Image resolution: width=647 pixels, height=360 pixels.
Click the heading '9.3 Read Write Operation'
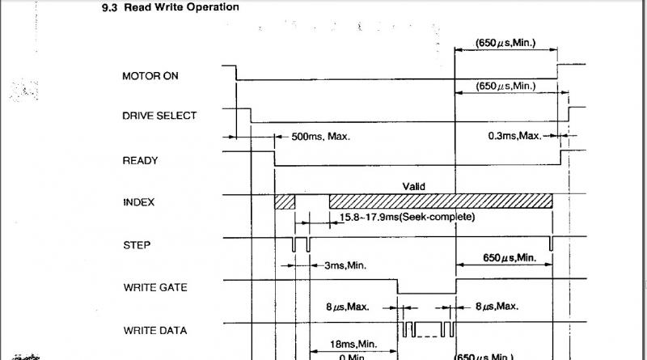coord(170,7)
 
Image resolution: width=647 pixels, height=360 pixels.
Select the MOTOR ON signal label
coord(150,76)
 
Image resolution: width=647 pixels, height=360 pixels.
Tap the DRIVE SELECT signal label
coord(159,116)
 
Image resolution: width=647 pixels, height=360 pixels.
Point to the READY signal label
coord(140,160)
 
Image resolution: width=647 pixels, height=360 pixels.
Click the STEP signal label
coord(136,245)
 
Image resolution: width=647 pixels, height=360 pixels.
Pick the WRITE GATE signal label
coord(155,287)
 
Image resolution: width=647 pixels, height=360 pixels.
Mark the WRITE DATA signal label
coord(155,330)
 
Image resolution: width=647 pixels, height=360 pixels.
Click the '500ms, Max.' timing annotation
coord(320,137)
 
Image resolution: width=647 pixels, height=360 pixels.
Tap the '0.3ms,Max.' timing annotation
coord(514,136)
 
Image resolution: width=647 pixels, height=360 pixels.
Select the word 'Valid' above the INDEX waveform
coord(413,187)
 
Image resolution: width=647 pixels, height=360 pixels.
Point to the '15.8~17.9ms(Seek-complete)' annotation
coord(407,218)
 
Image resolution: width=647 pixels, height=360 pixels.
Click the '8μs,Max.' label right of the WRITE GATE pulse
coord(497,307)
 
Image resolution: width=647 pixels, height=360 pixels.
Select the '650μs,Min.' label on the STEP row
coord(510,258)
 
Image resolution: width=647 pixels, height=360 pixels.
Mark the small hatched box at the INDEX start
coord(285,202)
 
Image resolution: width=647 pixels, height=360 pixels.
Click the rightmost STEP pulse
coord(551,244)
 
